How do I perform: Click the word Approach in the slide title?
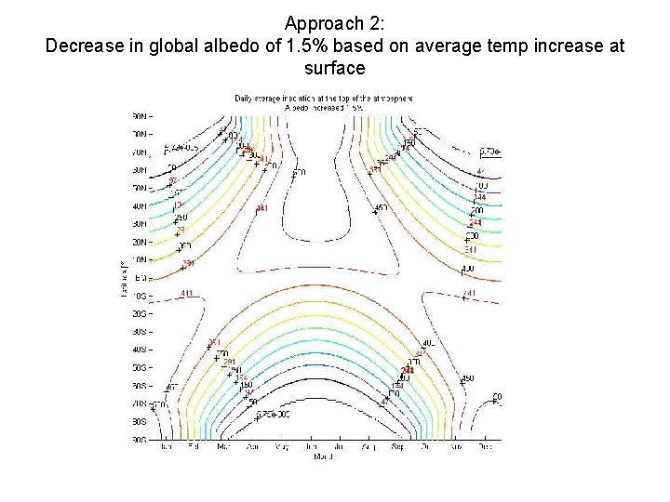[x=320, y=22]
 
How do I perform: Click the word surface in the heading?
[x=334, y=69]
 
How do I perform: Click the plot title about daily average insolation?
[x=323, y=98]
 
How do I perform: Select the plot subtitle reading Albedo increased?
[x=323, y=108]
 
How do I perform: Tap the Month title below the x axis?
[x=323, y=456]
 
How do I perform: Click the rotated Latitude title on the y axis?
[x=123, y=278]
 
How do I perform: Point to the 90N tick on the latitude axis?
[x=141, y=116]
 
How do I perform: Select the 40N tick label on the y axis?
[x=141, y=206]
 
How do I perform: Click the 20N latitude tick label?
[x=141, y=242]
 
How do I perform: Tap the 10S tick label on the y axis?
[x=141, y=296]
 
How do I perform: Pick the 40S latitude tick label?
[x=141, y=350]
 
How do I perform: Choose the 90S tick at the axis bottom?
[x=141, y=439]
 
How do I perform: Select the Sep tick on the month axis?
[x=395, y=447]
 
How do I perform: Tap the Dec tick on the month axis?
[x=482, y=447]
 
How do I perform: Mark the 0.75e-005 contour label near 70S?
[x=273, y=415]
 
